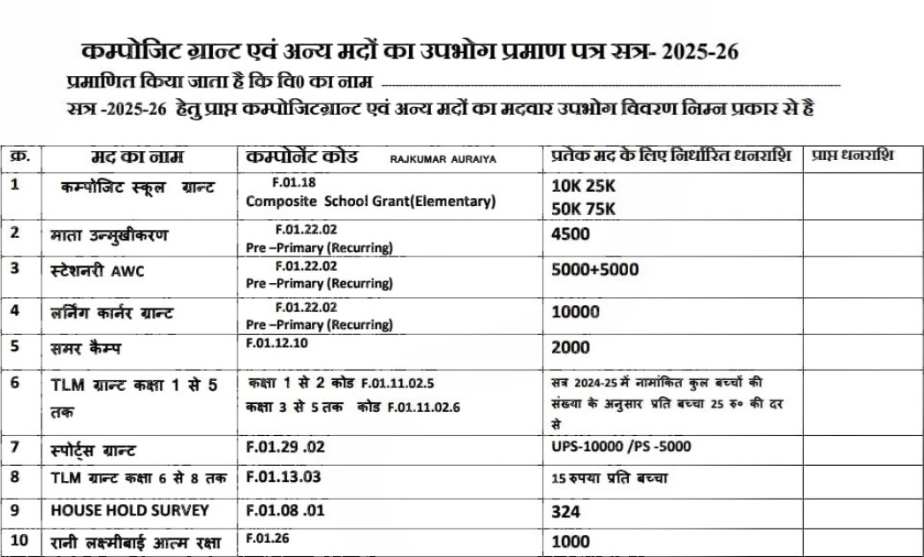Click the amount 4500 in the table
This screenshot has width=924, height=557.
tap(570, 235)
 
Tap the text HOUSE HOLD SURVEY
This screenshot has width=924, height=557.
tap(130, 510)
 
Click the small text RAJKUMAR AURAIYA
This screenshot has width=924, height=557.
tap(443, 159)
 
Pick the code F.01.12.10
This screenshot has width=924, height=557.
tap(277, 344)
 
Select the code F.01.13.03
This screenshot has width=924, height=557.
tap(283, 478)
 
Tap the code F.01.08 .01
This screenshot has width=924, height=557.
tap(286, 510)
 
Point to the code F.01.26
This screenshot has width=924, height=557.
tap(268, 538)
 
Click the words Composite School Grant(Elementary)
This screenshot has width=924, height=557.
tap(371, 202)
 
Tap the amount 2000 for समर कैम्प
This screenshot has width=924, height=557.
tap(571, 347)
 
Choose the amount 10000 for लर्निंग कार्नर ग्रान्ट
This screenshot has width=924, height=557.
tap(575, 312)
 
